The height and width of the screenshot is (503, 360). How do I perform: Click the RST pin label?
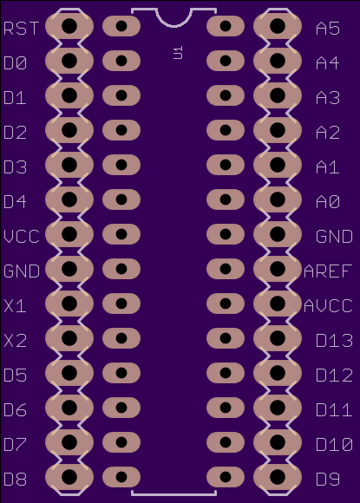(22, 29)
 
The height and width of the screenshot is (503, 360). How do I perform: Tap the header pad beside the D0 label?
(69, 61)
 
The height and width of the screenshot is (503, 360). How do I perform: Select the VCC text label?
(22, 237)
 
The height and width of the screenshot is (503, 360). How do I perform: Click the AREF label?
(328, 271)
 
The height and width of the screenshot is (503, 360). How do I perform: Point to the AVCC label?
(328, 306)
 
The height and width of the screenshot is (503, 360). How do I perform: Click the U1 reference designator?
(178, 53)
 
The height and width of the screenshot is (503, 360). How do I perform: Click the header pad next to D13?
(278, 338)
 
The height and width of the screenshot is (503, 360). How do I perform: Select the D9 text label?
(328, 480)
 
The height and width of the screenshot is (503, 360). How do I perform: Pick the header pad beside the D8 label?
(69, 477)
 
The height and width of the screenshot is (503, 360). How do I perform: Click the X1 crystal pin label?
(15, 306)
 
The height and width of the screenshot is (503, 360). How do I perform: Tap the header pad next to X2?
(69, 338)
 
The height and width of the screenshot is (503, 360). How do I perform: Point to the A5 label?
(328, 29)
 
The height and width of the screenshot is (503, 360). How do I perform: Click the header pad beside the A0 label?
(278, 199)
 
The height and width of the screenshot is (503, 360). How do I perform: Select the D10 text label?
(334, 445)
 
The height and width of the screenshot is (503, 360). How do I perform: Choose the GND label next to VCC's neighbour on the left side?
(22, 271)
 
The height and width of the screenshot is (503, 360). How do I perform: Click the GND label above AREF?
(334, 237)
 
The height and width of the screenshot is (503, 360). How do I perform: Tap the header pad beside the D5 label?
(69, 373)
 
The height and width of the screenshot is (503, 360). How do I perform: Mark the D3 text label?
(15, 167)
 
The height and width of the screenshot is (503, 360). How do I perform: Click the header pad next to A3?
(278, 95)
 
